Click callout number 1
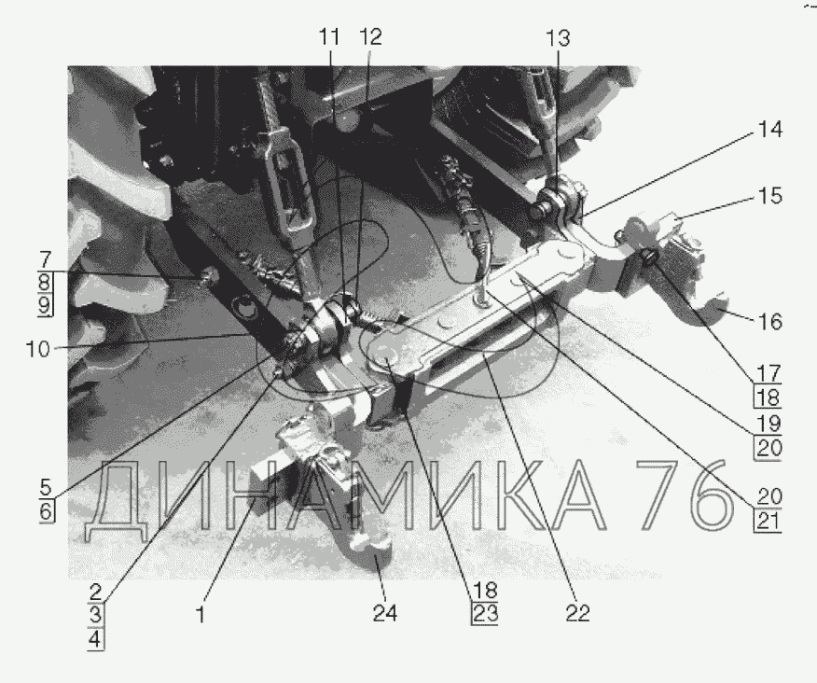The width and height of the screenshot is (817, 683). click(x=201, y=615)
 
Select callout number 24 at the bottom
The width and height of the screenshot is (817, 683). click(x=385, y=613)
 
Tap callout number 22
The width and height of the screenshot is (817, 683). click(x=578, y=613)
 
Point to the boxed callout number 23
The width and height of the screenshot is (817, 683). click(x=485, y=614)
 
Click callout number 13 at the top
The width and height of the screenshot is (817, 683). click(x=558, y=38)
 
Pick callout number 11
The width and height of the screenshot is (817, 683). click(x=329, y=37)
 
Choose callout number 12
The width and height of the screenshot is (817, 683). click(x=370, y=37)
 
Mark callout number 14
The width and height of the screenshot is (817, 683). click(x=770, y=130)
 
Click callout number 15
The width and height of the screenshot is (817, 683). click(x=770, y=196)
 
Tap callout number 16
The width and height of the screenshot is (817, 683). click(x=770, y=322)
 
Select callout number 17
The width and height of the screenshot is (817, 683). click(x=769, y=373)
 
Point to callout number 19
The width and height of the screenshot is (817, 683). click(x=769, y=424)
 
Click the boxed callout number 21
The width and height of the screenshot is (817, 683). click(x=768, y=521)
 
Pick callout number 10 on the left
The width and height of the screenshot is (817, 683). click(x=38, y=349)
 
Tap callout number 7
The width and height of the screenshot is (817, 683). click(x=46, y=259)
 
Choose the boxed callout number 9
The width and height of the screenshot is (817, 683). click(x=46, y=304)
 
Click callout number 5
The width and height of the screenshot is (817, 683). click(x=46, y=487)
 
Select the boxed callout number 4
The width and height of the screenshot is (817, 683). click(x=95, y=639)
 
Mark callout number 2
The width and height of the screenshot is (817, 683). click(x=95, y=592)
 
